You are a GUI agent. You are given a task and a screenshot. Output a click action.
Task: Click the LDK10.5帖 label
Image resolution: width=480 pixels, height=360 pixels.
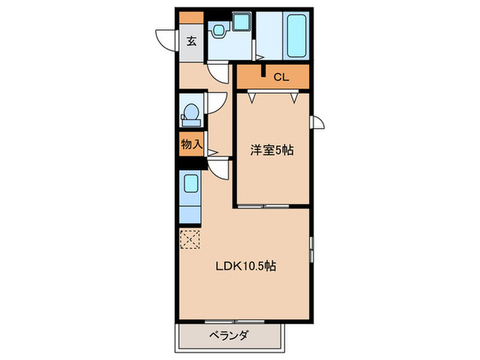[247, 267]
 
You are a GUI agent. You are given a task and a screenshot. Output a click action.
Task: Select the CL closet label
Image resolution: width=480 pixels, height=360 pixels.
[281, 77]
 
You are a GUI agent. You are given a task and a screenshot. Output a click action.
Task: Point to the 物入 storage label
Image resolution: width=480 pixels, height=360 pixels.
[191, 144]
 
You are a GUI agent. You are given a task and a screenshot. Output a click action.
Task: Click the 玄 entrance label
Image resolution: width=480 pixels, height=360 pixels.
[191, 40]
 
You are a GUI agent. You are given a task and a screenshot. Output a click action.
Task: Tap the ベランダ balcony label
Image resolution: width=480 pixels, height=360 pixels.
[229, 336]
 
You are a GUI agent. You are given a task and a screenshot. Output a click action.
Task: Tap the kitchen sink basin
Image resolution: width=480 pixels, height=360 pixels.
[191, 184]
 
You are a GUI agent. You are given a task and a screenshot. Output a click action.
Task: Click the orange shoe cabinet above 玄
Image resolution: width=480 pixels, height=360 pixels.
[191, 17]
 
